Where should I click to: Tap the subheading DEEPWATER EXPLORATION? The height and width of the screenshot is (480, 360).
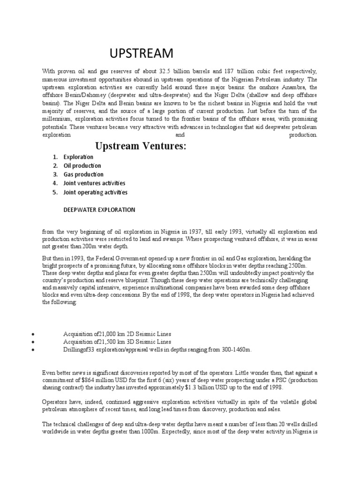tap(99, 210)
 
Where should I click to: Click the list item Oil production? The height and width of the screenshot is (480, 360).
tap(82, 165)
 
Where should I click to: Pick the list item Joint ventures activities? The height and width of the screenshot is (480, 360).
tap(94, 183)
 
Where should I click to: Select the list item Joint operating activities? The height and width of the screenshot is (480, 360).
tap(96, 192)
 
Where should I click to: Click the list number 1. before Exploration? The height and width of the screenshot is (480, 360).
tap(55, 157)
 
